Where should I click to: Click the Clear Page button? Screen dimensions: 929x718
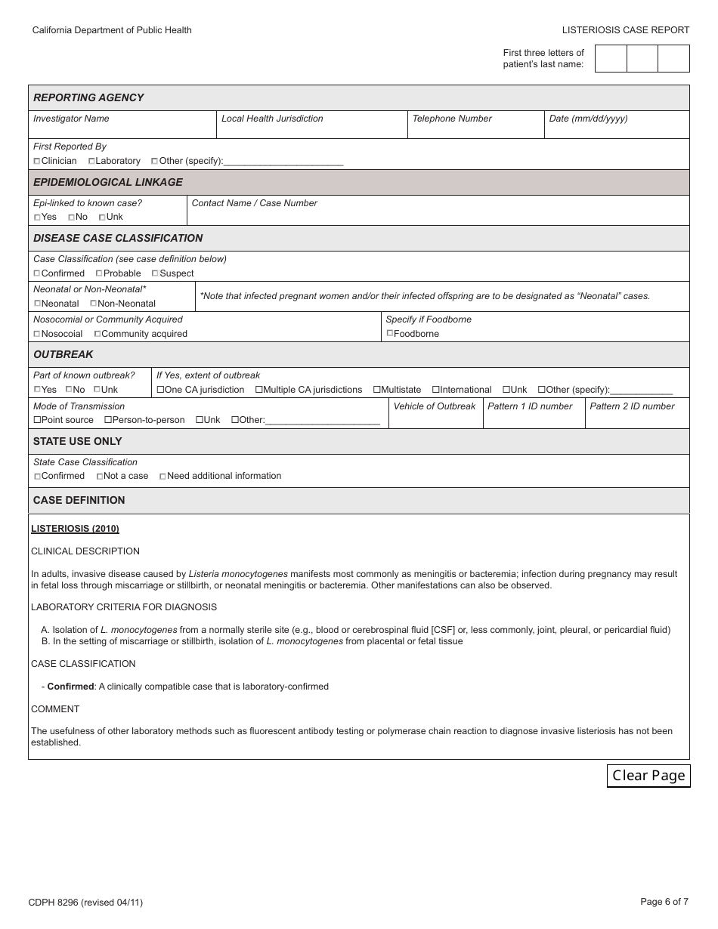point(648,776)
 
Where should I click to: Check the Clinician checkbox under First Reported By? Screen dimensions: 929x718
point(37,162)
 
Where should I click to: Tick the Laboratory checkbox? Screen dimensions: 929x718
point(91,162)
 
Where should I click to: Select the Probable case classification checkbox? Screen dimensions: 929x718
point(99,273)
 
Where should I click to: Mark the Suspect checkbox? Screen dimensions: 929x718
point(155,273)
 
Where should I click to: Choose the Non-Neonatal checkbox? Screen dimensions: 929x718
point(93,304)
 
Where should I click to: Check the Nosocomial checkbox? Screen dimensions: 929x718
point(37,334)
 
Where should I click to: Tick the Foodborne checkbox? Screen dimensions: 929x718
point(390,333)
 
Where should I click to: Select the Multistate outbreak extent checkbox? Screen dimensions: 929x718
point(376,390)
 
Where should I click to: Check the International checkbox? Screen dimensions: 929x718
point(435,390)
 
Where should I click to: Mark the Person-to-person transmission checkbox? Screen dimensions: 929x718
point(108,420)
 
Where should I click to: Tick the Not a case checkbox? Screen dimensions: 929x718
point(100,477)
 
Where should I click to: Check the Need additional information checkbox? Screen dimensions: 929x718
point(162,477)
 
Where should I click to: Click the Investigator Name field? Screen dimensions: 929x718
point(122,129)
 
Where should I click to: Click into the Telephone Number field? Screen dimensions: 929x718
point(475,129)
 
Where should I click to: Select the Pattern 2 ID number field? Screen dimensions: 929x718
point(636,420)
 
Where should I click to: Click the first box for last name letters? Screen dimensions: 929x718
point(611,59)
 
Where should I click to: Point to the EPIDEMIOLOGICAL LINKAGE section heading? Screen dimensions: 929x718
point(108,182)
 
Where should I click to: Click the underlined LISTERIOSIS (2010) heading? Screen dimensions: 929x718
point(75,529)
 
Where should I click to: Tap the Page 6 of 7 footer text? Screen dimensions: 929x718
point(664,901)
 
